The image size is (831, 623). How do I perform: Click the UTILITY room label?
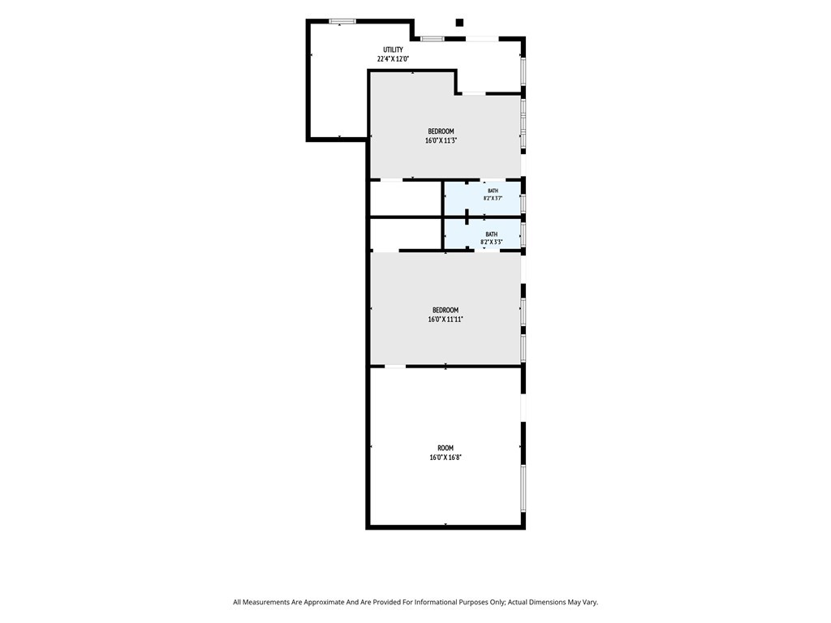[x=393, y=49]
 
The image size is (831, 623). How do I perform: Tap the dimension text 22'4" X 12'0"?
[x=393, y=58]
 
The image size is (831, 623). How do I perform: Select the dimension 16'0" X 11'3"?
[x=441, y=140]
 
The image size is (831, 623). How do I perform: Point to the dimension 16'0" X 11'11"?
[x=446, y=320]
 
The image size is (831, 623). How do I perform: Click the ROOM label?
[x=446, y=448]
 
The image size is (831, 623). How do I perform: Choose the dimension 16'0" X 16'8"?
[x=446, y=458]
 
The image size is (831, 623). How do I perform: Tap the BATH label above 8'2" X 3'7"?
[x=493, y=191]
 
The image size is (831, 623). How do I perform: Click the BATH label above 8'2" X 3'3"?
[x=491, y=234]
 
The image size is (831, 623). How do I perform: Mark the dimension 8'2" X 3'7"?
[x=493, y=198]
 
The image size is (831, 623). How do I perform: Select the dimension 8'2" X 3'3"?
[x=491, y=242]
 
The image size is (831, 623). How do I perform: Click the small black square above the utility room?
[x=459, y=22]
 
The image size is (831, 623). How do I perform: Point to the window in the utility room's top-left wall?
[x=342, y=21]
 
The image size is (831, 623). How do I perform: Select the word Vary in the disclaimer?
[x=591, y=603]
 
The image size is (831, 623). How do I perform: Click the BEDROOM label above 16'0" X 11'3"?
[x=441, y=131]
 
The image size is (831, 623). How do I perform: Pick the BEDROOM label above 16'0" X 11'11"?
[x=446, y=310]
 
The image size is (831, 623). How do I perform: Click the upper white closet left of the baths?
[x=406, y=199]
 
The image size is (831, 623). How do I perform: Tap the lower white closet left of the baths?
[x=406, y=234]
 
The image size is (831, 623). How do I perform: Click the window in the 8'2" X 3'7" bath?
[x=523, y=204]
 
